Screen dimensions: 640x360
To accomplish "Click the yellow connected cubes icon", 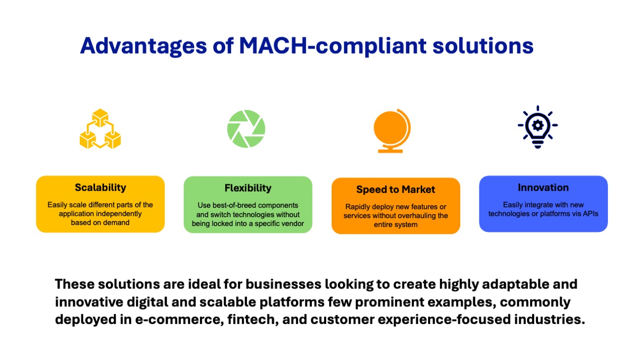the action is click(100, 129).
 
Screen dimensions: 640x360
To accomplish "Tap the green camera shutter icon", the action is click(246, 129).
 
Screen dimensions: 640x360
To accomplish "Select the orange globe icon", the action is click(392, 131).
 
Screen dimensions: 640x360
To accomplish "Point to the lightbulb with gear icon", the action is click(538, 127).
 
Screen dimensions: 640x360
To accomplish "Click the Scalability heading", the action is click(101, 188).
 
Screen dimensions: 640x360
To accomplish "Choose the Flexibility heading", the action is click(248, 188).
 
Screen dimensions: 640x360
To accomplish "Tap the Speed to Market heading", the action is click(396, 190).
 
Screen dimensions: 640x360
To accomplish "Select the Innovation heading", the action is click(543, 188).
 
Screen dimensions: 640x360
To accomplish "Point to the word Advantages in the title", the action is click(143, 46).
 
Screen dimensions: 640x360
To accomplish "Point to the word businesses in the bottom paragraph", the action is click(283, 284).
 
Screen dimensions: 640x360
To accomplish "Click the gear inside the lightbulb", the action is click(538, 125).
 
